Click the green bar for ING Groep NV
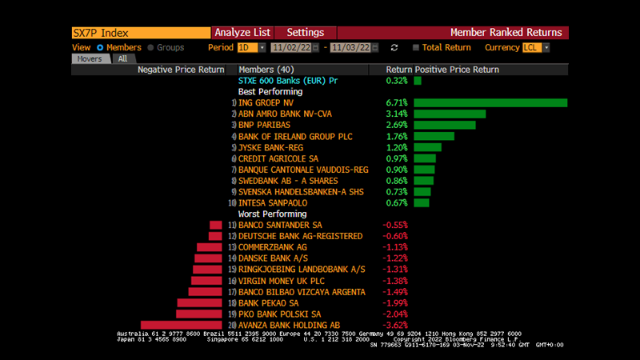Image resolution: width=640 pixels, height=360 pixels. coord(490,102)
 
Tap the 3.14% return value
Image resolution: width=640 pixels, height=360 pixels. coord(397,114)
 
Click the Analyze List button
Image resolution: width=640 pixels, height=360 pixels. coord(242,33)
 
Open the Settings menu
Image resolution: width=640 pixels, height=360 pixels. coord(305,33)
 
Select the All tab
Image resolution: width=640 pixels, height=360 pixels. coord(122,58)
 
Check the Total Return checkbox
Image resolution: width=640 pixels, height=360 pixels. coord(416,47)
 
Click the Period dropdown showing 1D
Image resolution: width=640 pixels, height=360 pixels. coord(246,47)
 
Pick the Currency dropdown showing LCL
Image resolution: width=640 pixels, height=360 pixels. coord(535,47)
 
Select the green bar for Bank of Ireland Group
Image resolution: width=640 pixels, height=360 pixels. coord(434,136)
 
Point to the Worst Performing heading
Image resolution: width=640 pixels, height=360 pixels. coord(272,214)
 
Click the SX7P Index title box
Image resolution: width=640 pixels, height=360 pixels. coord(140,33)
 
